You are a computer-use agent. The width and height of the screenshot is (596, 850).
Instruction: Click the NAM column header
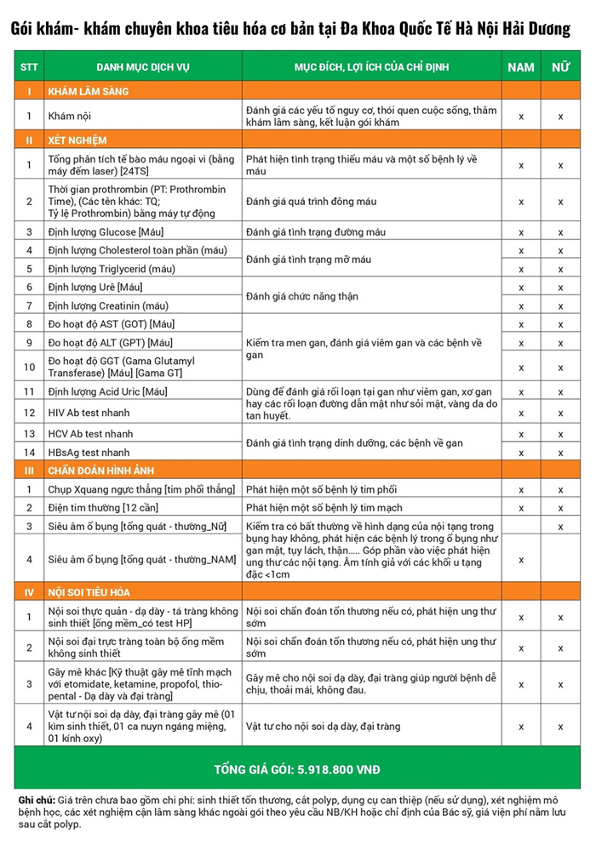click(521, 67)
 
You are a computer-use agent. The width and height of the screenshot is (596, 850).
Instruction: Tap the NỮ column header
click(560, 67)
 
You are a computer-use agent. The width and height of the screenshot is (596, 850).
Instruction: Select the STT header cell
click(29, 67)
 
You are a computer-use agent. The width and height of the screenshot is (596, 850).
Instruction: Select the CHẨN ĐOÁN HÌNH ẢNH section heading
click(101, 471)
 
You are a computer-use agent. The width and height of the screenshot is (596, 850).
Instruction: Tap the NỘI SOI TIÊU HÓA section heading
click(89, 592)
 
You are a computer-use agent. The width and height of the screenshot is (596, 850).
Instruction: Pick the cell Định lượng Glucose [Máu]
click(106, 232)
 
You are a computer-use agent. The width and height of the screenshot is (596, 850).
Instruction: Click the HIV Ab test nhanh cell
click(89, 413)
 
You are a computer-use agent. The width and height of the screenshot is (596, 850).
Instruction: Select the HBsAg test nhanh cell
click(89, 453)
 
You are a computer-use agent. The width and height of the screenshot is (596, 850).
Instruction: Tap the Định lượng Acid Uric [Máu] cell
click(108, 392)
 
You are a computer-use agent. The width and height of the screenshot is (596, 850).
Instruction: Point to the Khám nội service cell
click(69, 116)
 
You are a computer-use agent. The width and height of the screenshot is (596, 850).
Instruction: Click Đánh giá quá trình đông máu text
click(311, 202)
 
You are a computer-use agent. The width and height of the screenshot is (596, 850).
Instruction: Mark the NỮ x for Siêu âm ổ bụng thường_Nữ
click(560, 527)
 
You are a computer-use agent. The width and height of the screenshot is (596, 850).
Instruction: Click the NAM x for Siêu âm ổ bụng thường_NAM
click(521, 559)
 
